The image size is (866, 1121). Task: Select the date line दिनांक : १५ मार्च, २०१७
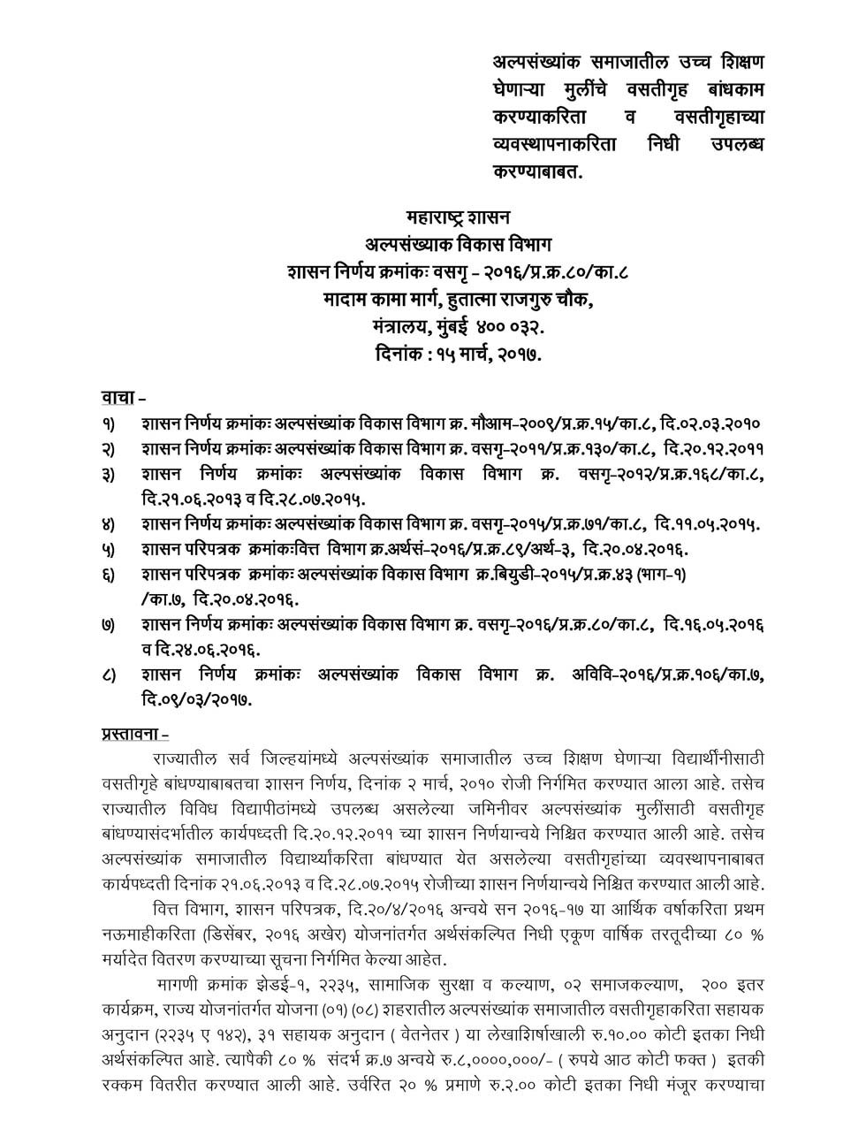tap(458, 355)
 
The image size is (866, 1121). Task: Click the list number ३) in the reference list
tap(108, 475)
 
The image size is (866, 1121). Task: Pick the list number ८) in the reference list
tap(108, 675)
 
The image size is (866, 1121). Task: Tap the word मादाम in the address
tap(347, 299)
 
